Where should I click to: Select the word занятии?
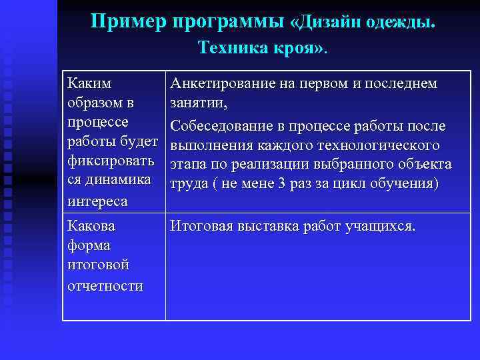[x=198, y=103]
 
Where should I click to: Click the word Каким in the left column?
[x=90, y=84]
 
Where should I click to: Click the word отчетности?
[x=105, y=285]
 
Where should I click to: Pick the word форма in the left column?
[x=89, y=246]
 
